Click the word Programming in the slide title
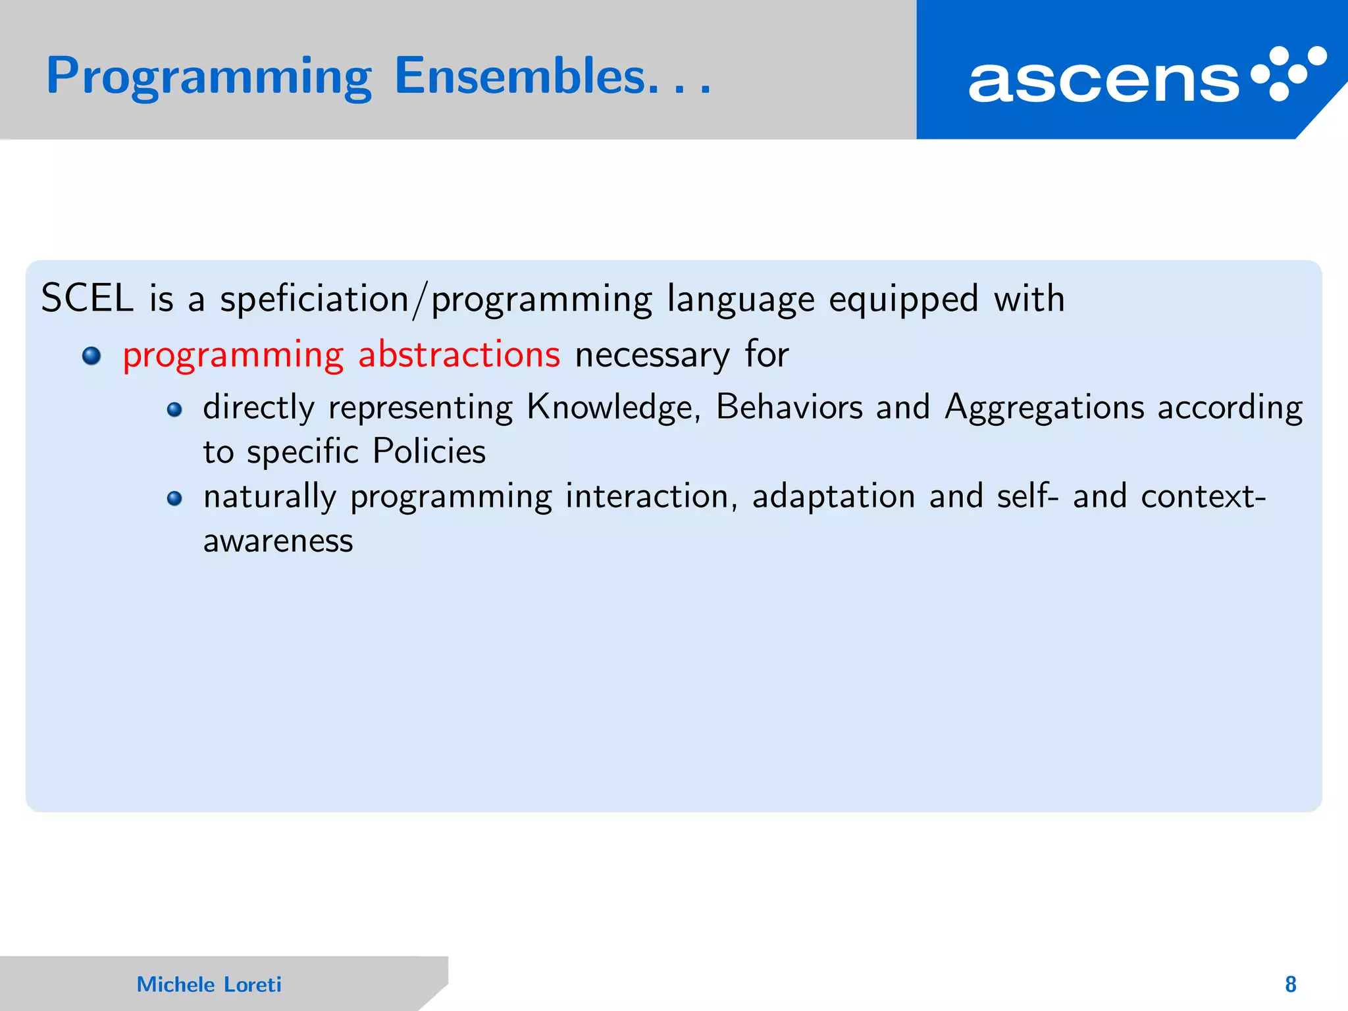pyautogui.click(x=209, y=77)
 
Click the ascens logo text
pyautogui.click(x=1104, y=81)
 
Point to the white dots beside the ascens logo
pyautogui.click(x=1288, y=73)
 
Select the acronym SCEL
pyautogui.click(x=87, y=298)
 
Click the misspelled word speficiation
pyautogui.click(x=314, y=299)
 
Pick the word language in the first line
pyautogui.click(x=740, y=299)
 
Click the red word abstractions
pyautogui.click(x=459, y=354)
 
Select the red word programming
pyautogui.click(x=233, y=355)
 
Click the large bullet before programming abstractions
pyautogui.click(x=91, y=356)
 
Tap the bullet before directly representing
pyautogui.click(x=174, y=410)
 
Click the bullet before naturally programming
pyautogui.click(x=174, y=498)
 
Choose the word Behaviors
pyautogui.click(x=789, y=407)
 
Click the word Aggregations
pyautogui.click(x=1045, y=407)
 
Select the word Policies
pyautogui.click(x=429, y=452)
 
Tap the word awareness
pyautogui.click(x=278, y=541)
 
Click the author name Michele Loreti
pyautogui.click(x=209, y=984)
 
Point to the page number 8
pyautogui.click(x=1290, y=984)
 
